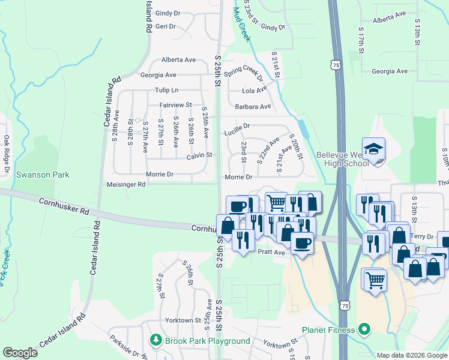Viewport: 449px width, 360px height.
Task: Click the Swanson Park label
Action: pyautogui.click(x=43, y=175)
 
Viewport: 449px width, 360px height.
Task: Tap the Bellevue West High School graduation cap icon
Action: pyautogui.click(x=373, y=148)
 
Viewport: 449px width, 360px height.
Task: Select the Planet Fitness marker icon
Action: pyautogui.click(x=363, y=329)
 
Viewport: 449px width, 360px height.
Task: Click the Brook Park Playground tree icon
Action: pyautogui.click(x=156, y=340)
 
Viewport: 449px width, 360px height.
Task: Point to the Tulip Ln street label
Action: pyautogui.click(x=167, y=90)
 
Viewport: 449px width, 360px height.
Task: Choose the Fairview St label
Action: pyautogui.click(x=175, y=104)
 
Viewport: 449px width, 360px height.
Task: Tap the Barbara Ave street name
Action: pyautogui.click(x=253, y=106)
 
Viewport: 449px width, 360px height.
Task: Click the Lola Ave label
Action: pyautogui.click(x=254, y=90)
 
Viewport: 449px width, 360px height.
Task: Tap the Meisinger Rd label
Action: pyautogui.click(x=125, y=184)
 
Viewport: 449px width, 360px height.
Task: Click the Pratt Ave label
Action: pyautogui.click(x=271, y=253)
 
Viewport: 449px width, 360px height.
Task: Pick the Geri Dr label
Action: pyautogui.click(x=166, y=27)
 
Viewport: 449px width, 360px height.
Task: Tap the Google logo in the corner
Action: pyautogui.click(x=20, y=353)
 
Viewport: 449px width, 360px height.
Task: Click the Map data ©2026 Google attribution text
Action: pyautogui.click(x=411, y=355)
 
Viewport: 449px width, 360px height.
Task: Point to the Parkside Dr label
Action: pyautogui.click(x=124, y=346)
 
